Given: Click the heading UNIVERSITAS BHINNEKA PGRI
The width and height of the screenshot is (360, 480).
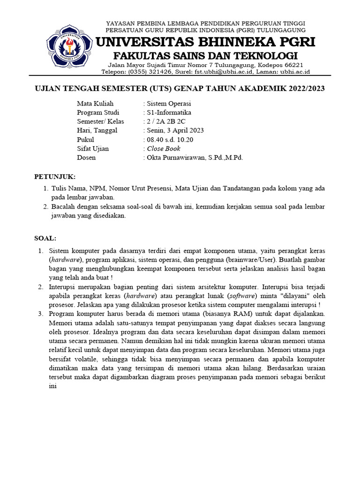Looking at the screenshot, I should click(205, 43).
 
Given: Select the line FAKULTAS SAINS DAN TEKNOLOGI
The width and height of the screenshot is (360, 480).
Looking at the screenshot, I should click(205, 56).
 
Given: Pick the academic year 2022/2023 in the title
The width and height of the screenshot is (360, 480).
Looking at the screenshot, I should click(300, 89).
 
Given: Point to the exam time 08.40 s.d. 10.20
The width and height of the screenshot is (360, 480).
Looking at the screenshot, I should click(170, 140).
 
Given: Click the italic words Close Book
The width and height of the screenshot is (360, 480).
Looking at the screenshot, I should click(164, 149).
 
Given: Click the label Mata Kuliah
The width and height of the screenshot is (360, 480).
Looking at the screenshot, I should click(95, 104).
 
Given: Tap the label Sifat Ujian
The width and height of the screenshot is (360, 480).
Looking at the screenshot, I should click(93, 149).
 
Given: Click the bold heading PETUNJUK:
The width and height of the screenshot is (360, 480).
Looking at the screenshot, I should click(55, 177).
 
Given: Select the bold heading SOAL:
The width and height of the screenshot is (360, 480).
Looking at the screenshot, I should click(45, 238).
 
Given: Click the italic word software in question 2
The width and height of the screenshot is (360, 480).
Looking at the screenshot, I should click(242, 296).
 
